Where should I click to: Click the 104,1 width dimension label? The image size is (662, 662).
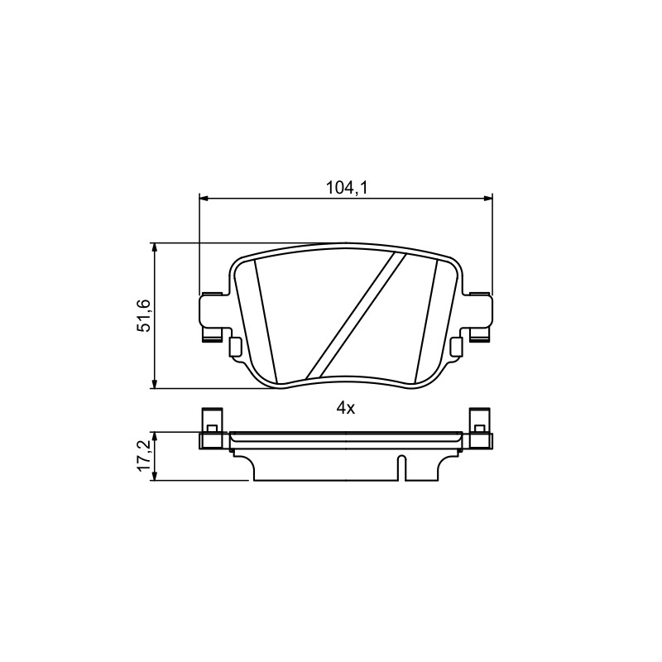(x=346, y=189)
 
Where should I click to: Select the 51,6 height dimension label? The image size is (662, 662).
(x=144, y=315)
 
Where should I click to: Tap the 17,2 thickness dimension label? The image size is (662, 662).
(x=144, y=456)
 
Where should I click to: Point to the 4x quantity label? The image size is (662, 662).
(x=346, y=408)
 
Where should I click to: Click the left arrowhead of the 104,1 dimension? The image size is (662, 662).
(x=204, y=198)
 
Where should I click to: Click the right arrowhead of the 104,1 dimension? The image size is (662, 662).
(x=487, y=198)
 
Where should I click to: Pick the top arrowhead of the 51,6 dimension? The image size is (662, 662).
(x=156, y=248)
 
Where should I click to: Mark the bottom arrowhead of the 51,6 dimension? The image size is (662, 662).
(x=156, y=383)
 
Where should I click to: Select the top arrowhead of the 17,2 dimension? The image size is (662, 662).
(x=156, y=437)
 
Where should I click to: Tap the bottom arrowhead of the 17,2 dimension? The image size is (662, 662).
(x=156, y=475)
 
